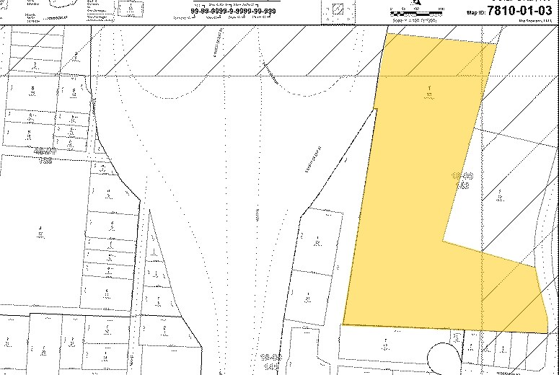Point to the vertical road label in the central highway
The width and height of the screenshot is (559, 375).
(257, 215)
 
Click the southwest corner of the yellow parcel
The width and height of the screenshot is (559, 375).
(343, 325)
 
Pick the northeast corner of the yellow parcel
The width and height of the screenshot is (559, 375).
(498, 45)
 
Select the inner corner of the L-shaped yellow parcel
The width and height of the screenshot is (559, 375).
(443, 239)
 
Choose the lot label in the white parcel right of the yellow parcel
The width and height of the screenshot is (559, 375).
(500, 195)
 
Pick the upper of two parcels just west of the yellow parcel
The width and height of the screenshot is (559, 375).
(318, 242)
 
